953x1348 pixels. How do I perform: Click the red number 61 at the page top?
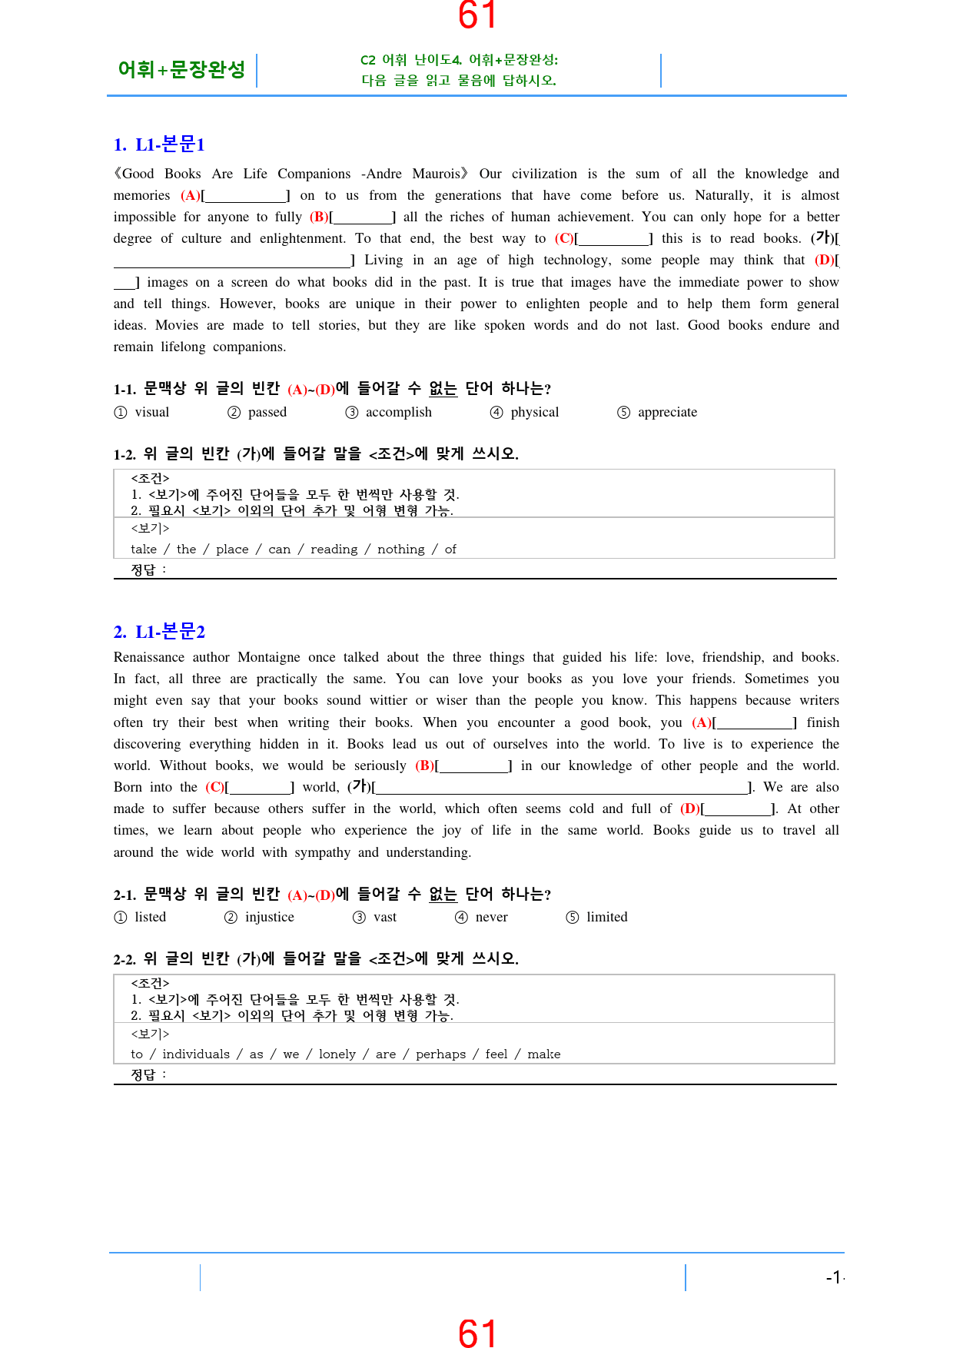tap(476, 15)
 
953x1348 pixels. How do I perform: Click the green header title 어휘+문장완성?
tap(181, 70)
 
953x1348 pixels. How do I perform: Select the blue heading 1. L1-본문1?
tap(159, 144)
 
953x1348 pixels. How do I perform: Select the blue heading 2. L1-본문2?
tap(159, 632)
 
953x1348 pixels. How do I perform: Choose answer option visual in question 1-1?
tap(151, 412)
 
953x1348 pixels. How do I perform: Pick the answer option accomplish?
tap(398, 412)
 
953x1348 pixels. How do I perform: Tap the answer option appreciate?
tap(667, 412)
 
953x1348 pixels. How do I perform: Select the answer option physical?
tap(534, 412)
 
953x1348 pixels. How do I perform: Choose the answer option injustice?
tap(269, 917)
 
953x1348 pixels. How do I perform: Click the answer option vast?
tap(384, 917)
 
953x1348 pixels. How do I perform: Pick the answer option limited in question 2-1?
tap(606, 917)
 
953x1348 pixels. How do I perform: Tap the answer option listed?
tap(150, 917)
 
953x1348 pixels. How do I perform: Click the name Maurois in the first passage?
tap(437, 174)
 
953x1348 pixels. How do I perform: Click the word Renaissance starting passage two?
tap(149, 657)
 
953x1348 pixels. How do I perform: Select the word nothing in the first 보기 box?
tap(400, 549)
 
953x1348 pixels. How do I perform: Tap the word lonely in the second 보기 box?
tap(337, 1054)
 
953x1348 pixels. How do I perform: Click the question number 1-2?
tap(125, 454)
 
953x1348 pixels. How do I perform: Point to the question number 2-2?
tap(125, 959)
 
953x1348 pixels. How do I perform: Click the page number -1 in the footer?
tap(833, 1277)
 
